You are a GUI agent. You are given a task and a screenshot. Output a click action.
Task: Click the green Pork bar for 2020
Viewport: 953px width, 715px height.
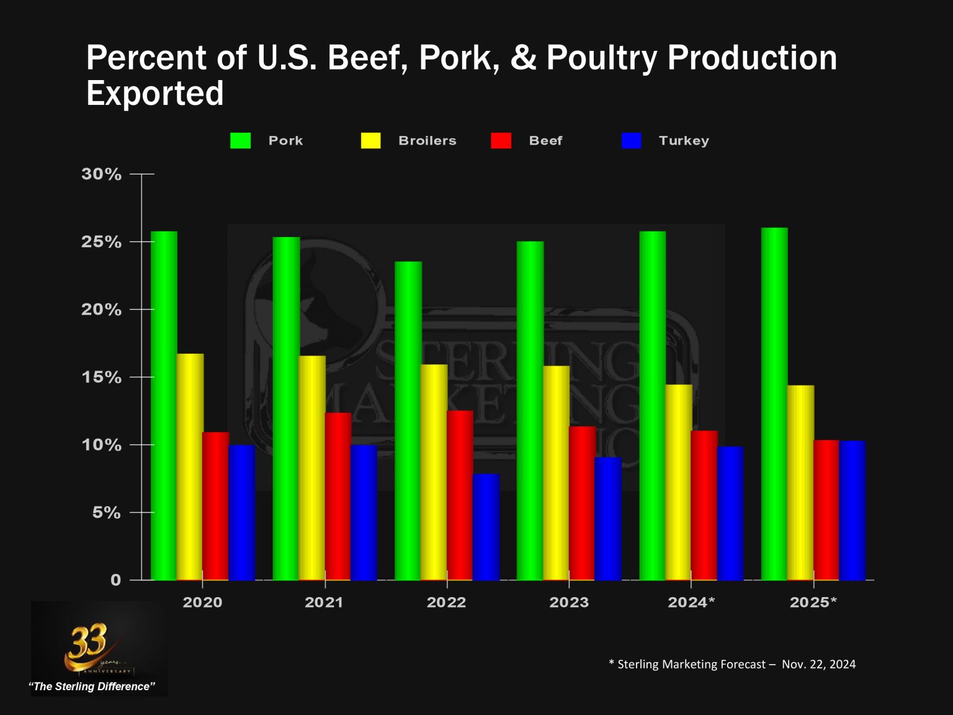pos(164,406)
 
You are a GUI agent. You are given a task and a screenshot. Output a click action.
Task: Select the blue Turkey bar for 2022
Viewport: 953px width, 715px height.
pos(486,527)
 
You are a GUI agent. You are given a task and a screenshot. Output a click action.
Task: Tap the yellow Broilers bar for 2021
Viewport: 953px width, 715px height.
pos(312,468)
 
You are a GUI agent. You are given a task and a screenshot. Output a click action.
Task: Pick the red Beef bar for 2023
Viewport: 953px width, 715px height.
pos(582,503)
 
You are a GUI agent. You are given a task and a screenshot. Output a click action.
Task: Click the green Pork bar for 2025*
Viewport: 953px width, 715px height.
pos(774,404)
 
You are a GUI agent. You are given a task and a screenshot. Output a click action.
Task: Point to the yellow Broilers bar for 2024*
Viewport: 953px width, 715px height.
pos(679,482)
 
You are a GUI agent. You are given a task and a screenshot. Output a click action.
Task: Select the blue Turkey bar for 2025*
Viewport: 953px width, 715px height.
pos(852,510)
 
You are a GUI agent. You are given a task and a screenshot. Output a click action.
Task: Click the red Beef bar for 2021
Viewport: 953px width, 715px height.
pos(338,497)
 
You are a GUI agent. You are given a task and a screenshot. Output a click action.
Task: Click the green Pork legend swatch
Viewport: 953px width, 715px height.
pos(240,141)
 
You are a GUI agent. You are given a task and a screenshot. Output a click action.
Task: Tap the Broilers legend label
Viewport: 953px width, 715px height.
pos(427,141)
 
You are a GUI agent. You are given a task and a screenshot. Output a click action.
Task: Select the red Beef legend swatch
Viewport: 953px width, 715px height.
pos(501,141)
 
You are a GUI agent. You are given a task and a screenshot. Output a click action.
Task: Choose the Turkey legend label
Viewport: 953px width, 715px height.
pos(683,141)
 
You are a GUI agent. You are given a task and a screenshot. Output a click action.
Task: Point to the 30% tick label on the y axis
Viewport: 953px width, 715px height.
pos(101,174)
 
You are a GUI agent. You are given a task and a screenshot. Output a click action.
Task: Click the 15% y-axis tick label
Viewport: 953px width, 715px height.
pos(101,377)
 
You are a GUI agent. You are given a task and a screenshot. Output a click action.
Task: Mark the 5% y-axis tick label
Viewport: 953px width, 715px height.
pos(106,513)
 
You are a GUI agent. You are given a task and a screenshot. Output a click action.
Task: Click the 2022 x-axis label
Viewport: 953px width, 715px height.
pos(446,602)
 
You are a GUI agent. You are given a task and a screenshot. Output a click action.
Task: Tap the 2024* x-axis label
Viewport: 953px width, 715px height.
pos(691,602)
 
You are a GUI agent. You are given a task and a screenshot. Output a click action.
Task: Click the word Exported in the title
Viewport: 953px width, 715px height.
pos(155,94)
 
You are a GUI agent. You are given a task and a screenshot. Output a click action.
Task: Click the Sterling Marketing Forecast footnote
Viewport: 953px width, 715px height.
pos(732,664)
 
